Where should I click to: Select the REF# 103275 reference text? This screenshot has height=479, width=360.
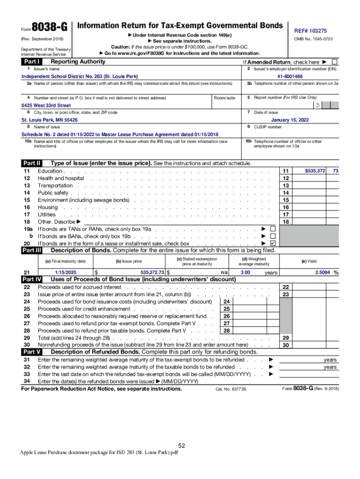310,30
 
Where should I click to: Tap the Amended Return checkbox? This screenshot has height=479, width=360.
334,62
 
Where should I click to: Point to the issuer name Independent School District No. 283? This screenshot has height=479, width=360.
79,76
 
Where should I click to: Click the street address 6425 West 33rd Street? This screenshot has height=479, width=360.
46,105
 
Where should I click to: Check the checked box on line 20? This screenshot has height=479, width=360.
273,243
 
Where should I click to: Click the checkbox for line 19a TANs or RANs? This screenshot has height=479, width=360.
273,229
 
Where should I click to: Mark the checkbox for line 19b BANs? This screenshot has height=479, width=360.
273,236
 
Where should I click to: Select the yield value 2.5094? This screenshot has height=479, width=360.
320,272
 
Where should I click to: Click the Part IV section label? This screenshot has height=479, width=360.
32,279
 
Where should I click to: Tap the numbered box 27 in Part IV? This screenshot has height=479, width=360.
227,323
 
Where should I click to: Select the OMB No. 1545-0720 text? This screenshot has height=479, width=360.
313,39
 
